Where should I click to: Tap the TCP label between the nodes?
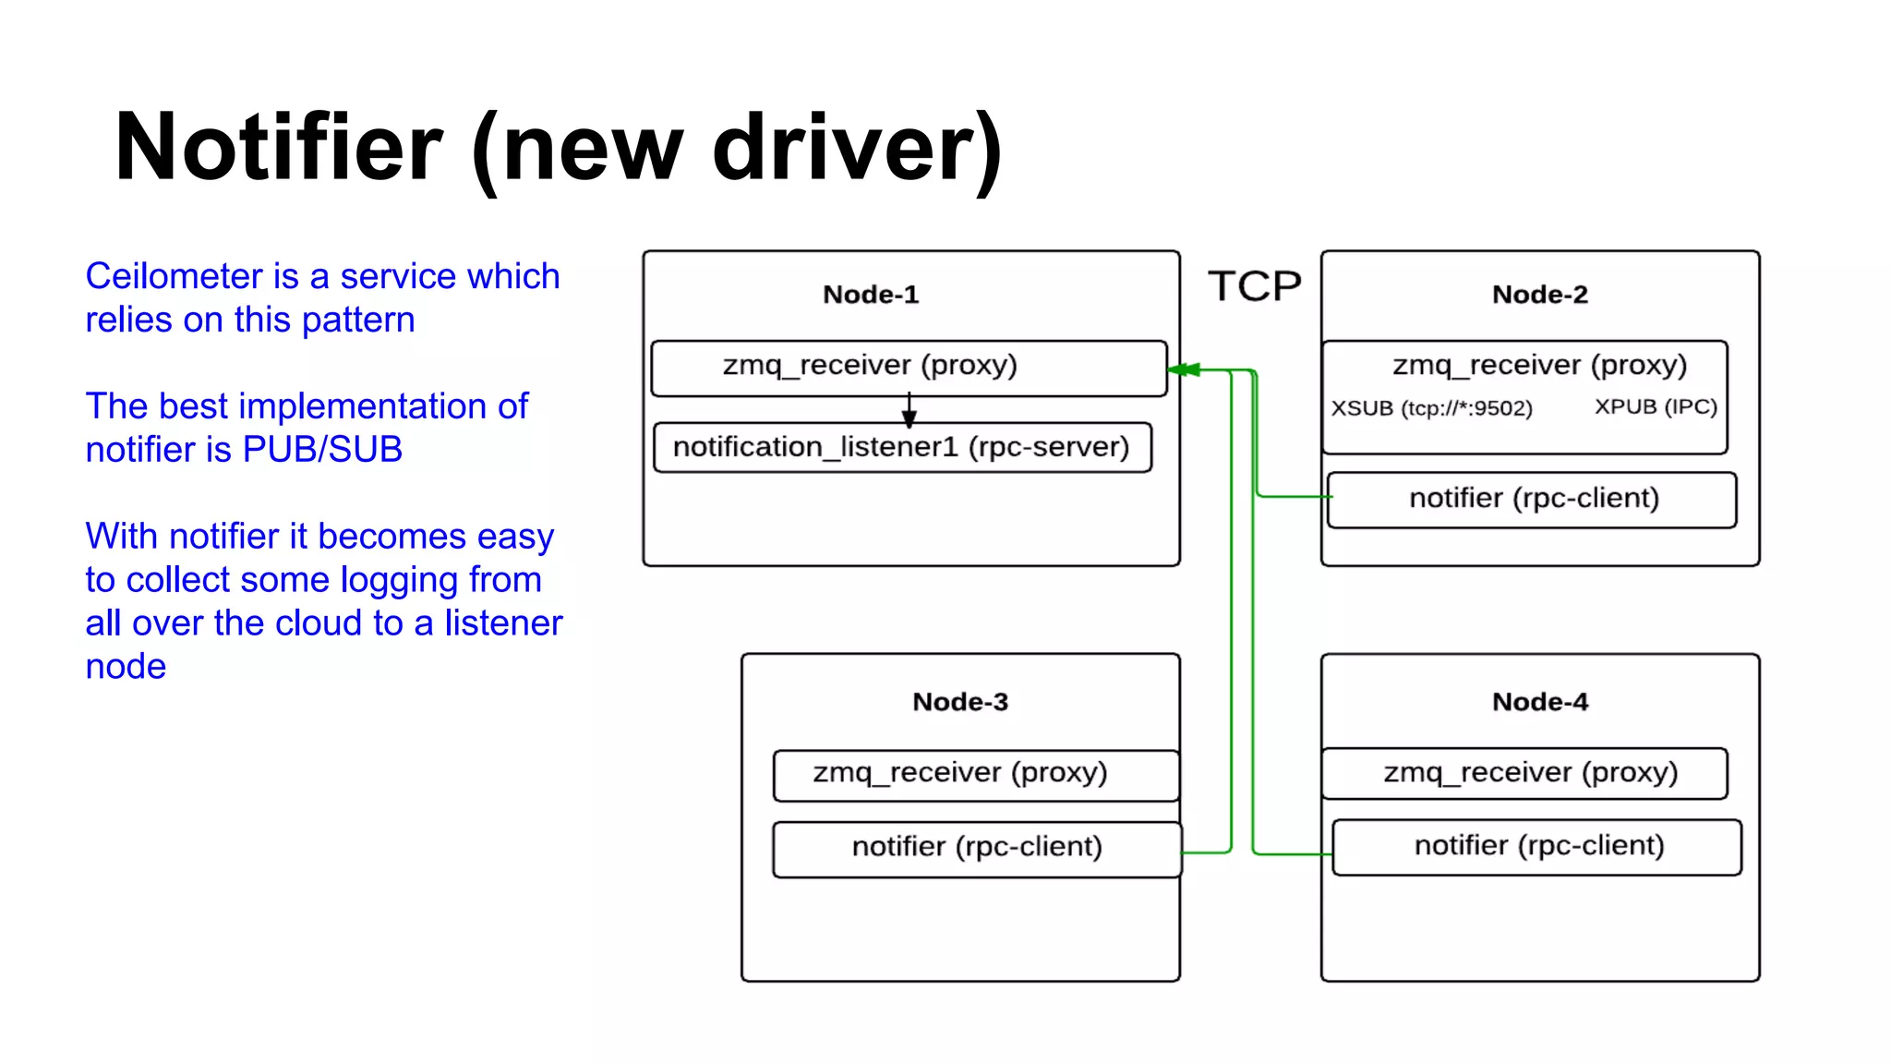(1254, 286)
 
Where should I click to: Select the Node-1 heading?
(871, 295)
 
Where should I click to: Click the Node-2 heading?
(1539, 295)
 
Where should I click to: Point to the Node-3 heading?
(959, 702)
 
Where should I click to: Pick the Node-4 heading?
(1539, 702)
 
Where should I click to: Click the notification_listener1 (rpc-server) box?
(901, 447)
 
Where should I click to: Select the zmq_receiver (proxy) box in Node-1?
(870, 366)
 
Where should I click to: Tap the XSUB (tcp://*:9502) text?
(1431, 408)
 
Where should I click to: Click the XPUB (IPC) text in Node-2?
(1656, 407)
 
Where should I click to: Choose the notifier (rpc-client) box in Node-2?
(1533, 499)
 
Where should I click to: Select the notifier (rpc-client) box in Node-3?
(976, 847)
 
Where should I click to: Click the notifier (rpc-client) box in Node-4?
(1538, 846)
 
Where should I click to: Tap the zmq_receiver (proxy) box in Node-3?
(959, 773)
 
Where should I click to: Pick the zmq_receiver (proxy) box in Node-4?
(1530, 773)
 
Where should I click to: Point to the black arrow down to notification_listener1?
(909, 410)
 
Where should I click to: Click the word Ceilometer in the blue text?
(174, 276)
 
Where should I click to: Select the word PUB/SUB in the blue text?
(322, 450)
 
